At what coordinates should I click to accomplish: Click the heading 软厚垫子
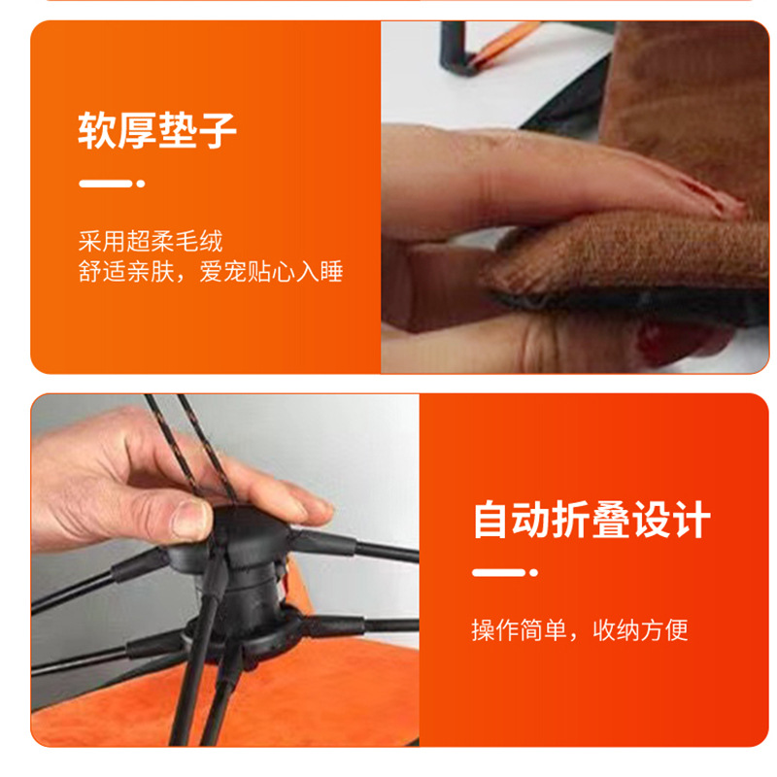tap(157, 130)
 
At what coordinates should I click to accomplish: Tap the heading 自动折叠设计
tap(591, 520)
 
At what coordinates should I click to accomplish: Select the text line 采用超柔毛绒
tap(151, 241)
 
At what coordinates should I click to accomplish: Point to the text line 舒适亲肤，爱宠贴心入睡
tap(211, 272)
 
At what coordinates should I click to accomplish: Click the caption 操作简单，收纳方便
tap(580, 630)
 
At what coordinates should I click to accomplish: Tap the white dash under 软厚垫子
tap(106, 184)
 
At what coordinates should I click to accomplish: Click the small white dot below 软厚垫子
tap(141, 184)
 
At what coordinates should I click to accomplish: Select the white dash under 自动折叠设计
tap(498, 573)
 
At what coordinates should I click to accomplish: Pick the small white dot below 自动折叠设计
tap(533, 573)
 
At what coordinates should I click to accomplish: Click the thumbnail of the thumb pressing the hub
tap(190, 517)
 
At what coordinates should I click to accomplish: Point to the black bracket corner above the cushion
tap(456, 50)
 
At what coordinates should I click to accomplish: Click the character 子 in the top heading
tap(218, 130)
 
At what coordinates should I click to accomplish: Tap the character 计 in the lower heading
tap(693, 520)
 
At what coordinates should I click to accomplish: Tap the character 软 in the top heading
tap(97, 130)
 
